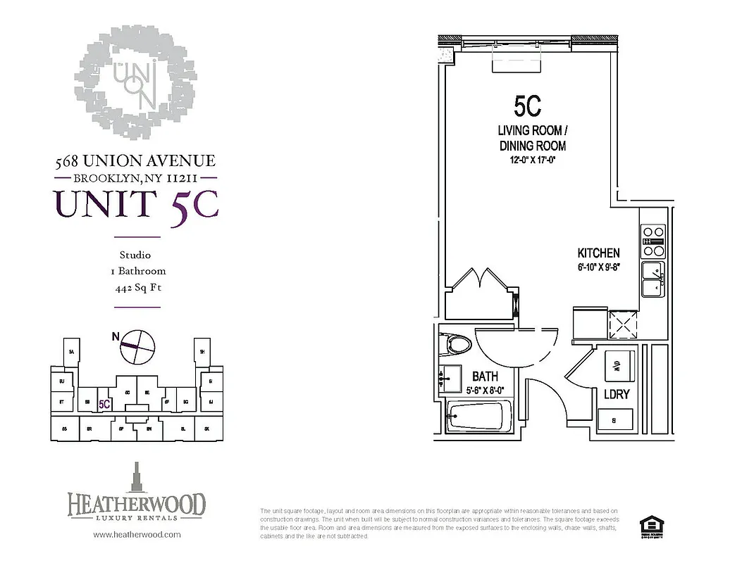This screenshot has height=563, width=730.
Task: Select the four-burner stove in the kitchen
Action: [x=653, y=241]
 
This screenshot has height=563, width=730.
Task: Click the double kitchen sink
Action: [x=652, y=279]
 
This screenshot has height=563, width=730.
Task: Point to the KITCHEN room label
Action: [x=598, y=253]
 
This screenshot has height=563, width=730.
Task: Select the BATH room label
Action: [x=485, y=377]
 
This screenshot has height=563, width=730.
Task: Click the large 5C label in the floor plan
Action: [x=527, y=106]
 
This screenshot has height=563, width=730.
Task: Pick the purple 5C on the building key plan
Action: [x=105, y=404]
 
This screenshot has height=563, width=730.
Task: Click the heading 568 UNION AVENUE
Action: [x=135, y=162]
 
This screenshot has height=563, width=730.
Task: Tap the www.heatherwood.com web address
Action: [x=137, y=534]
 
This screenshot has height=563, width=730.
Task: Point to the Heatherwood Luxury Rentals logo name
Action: [x=137, y=505]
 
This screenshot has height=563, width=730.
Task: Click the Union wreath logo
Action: [x=135, y=83]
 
